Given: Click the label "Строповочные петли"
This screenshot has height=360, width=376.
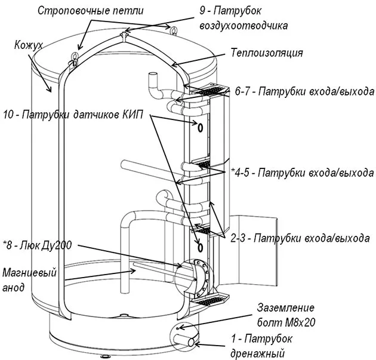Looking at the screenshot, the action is (91, 11).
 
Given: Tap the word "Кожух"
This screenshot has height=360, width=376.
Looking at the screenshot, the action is (29, 45).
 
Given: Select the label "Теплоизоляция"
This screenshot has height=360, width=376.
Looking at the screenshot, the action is (267, 53).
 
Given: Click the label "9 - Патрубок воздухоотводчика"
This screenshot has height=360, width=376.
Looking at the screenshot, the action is (244, 19).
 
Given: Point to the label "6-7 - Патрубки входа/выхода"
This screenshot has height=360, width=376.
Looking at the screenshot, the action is (304, 91).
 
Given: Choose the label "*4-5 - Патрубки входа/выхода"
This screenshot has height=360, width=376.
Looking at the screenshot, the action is (303, 173).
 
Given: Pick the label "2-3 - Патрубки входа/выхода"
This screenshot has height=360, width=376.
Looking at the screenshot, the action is (300, 238).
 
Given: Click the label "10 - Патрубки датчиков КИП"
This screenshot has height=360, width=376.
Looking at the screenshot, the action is (73, 115).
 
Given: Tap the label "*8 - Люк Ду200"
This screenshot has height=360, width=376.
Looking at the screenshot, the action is (37, 245).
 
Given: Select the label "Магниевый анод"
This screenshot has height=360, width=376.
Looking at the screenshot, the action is (29, 280).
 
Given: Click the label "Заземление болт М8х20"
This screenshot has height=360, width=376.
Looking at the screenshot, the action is (286, 315).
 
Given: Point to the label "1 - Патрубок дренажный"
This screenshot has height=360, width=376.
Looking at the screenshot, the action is (261, 346).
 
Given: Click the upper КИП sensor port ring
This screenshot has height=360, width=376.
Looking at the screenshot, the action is (200, 127).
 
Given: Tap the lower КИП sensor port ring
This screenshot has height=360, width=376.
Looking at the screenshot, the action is (200, 247).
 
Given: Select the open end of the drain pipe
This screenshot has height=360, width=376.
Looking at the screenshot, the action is (191, 342).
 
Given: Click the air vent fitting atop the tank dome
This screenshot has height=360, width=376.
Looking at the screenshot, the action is (124, 35).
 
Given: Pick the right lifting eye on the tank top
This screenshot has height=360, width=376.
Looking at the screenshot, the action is (173, 30).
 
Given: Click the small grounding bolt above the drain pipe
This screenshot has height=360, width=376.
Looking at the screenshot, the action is (177, 328).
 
